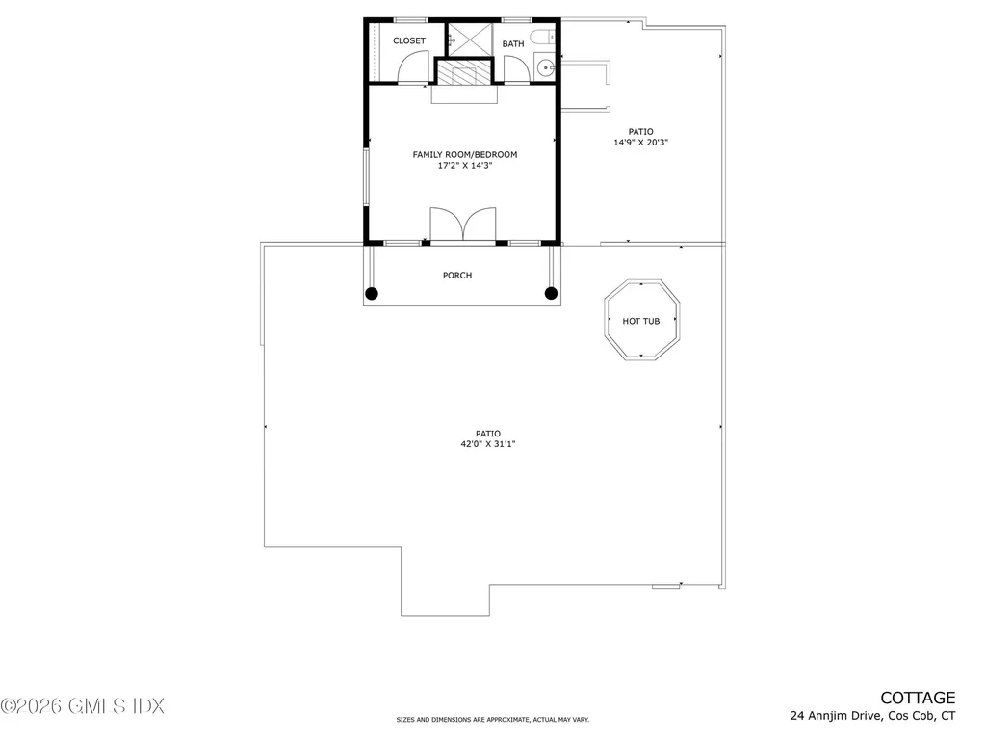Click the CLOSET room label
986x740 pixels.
(x=409, y=41)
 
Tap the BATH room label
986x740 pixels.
(x=513, y=43)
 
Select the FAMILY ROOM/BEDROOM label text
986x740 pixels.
(x=465, y=154)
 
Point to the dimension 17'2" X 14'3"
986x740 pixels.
(x=465, y=166)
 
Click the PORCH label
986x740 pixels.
(x=457, y=276)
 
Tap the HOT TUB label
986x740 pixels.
(x=641, y=321)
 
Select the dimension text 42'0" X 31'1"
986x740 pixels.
(x=494, y=443)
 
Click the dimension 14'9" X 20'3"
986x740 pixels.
(x=641, y=143)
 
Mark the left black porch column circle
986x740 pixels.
(x=373, y=293)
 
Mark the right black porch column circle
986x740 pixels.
(x=552, y=293)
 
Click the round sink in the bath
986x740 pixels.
(x=545, y=67)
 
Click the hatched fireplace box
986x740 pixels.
(x=463, y=76)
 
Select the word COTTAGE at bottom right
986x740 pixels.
(x=918, y=698)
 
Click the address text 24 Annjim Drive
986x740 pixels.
(x=833, y=716)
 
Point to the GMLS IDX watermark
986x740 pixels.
(x=82, y=705)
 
